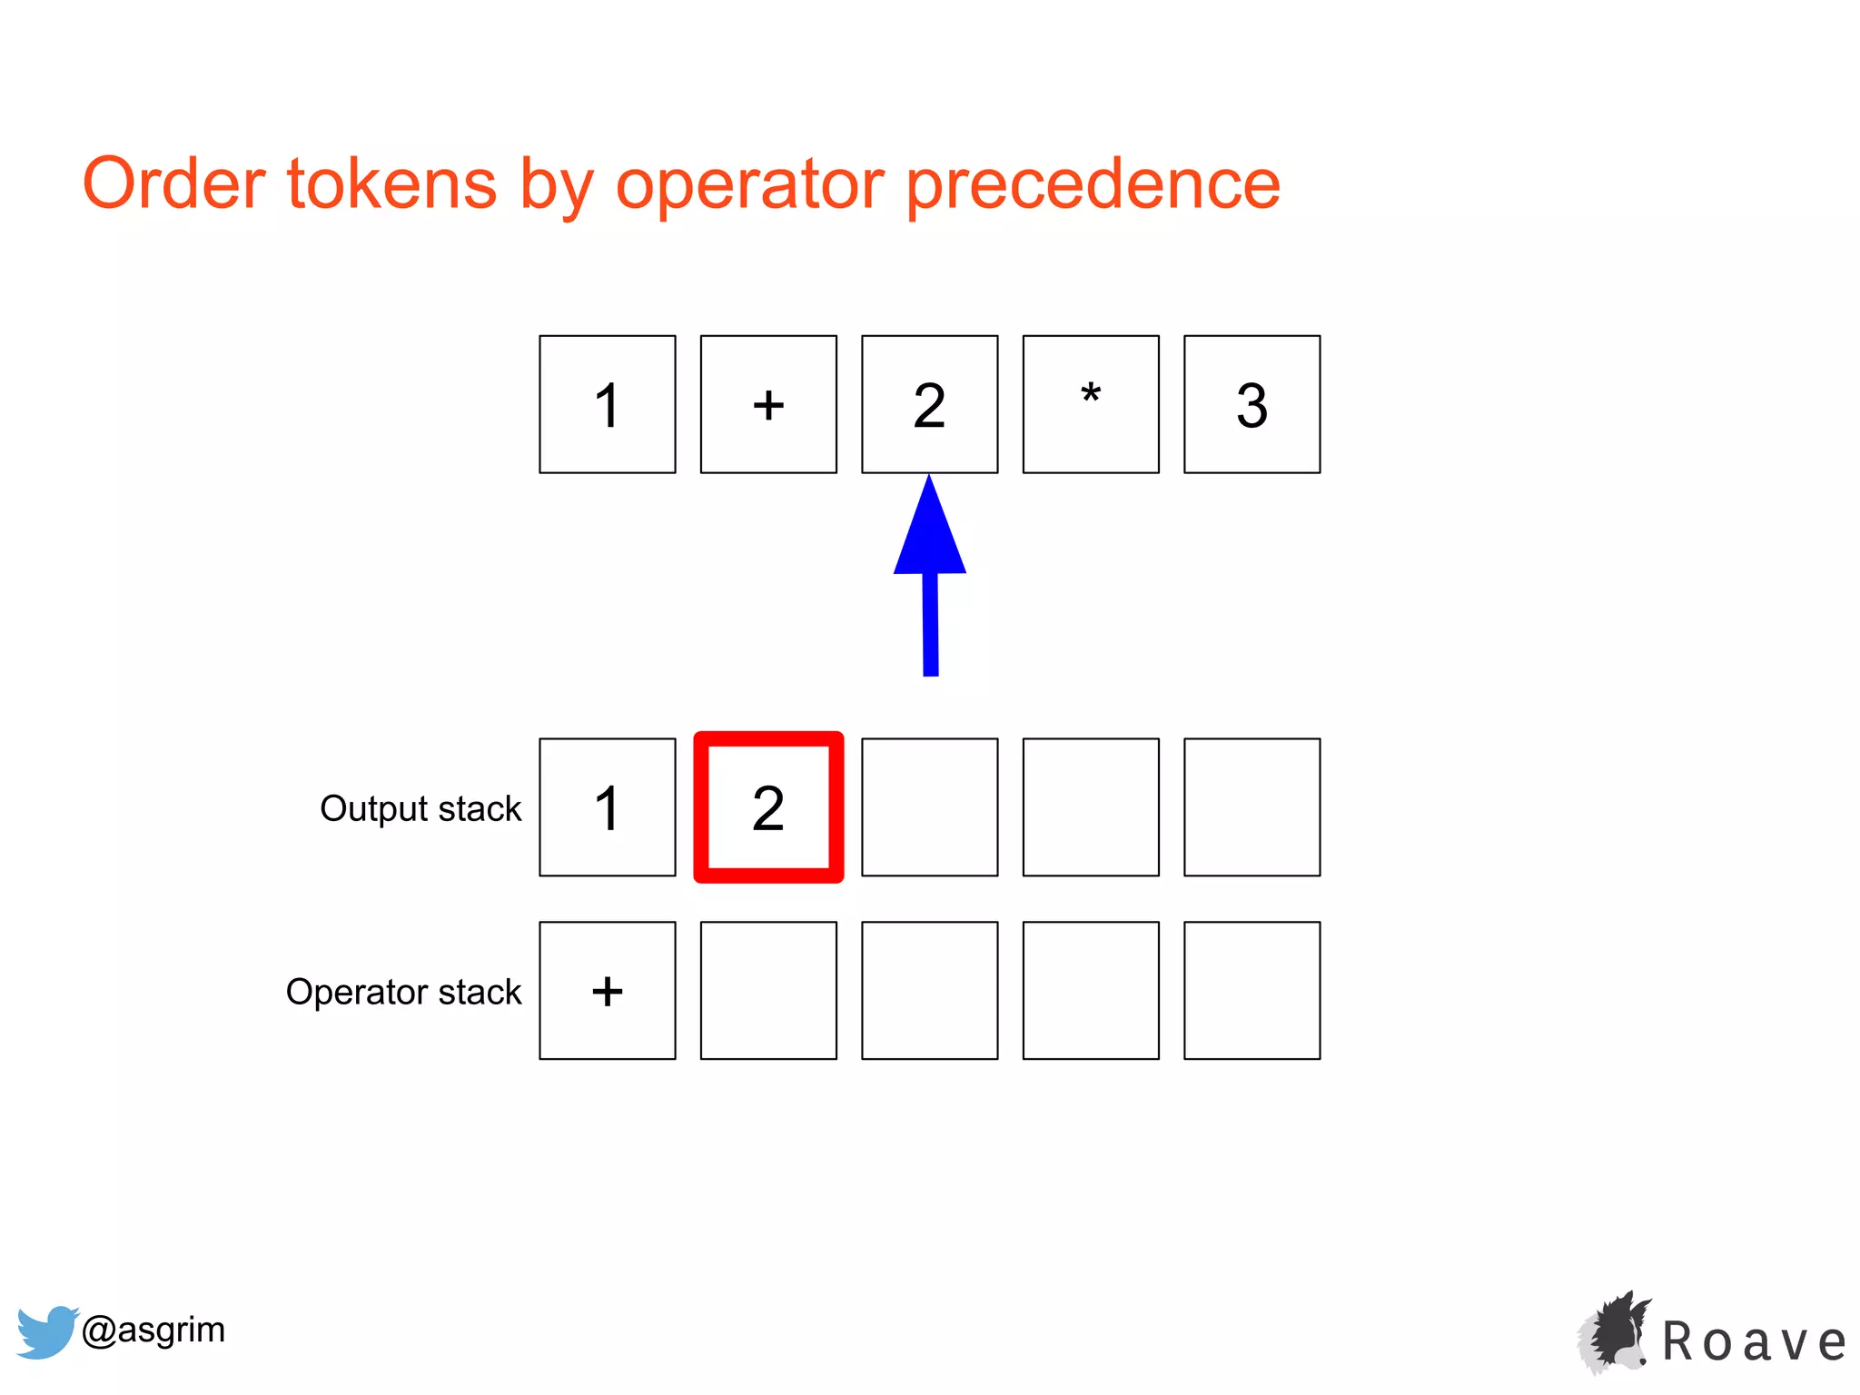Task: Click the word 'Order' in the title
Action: [173, 183]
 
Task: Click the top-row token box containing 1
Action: [608, 404]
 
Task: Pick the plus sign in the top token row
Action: [768, 404]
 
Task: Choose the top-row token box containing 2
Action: [929, 404]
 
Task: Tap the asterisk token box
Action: [1091, 404]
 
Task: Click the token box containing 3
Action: [1252, 404]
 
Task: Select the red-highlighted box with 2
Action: [768, 807]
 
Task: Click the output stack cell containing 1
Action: [608, 807]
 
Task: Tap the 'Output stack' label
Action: [420, 808]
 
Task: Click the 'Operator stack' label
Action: [403, 992]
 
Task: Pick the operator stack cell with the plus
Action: [608, 991]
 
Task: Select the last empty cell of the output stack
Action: [1252, 807]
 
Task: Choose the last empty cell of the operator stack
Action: [1252, 991]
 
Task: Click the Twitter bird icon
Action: [45, 1331]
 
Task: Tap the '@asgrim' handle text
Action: [153, 1330]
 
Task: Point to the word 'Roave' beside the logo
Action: [1754, 1341]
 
